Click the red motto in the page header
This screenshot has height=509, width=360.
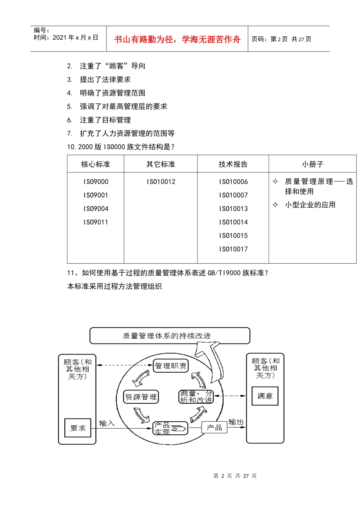point(177,39)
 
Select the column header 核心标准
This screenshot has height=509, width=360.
point(95,164)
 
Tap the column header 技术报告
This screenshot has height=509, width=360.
point(233,164)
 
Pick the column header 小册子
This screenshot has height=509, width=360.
point(313,164)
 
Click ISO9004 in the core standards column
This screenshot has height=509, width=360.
point(96,209)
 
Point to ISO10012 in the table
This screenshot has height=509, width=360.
point(161,182)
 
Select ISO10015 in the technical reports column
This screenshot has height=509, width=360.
point(233,236)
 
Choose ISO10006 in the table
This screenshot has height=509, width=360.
point(233,182)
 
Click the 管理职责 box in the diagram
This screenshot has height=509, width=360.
point(171,366)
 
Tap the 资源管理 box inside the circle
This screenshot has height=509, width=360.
point(141,397)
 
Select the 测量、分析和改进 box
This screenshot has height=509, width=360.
point(196,397)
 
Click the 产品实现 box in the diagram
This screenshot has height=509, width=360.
point(170,428)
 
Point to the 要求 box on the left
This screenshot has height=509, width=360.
point(78,428)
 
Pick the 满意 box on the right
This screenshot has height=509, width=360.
point(265,396)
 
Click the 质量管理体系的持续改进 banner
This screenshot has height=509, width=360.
point(169,336)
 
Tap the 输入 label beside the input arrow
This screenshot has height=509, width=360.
point(107,423)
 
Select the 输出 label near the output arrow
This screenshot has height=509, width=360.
point(236,422)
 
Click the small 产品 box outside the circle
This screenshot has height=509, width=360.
point(214,428)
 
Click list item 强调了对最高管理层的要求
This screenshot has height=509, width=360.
point(123,107)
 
